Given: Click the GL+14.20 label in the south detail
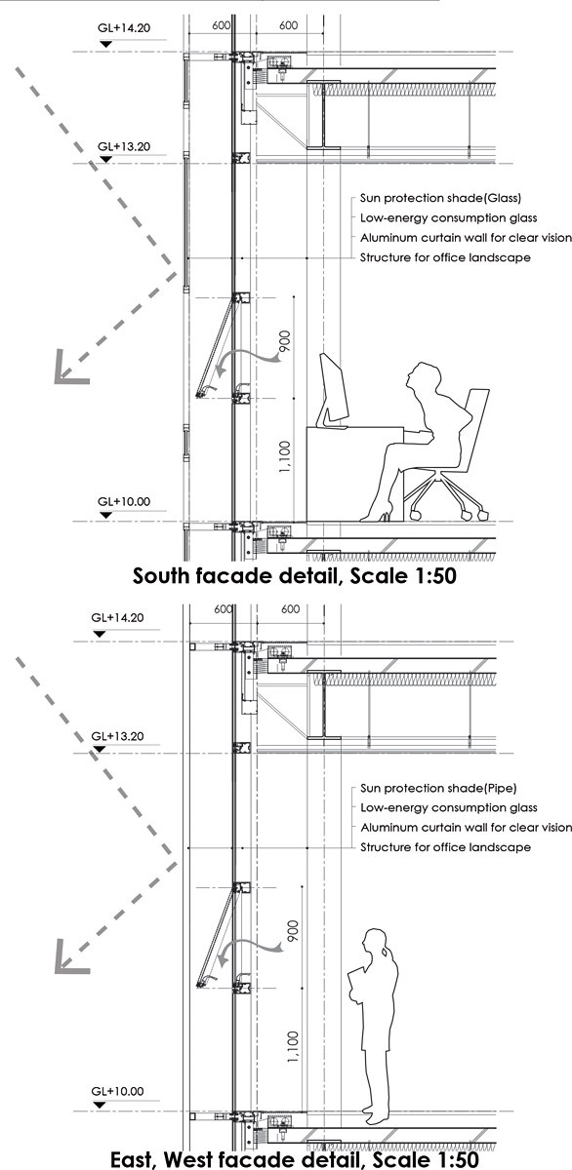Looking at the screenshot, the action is [x=124, y=27].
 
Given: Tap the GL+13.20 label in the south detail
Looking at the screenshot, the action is [x=124, y=146].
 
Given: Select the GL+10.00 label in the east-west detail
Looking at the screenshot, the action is [x=117, y=1091].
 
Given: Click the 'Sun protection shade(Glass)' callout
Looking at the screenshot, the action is [x=440, y=198].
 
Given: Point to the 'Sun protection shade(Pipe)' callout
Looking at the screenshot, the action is [x=438, y=788].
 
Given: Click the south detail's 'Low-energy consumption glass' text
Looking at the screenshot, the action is [x=449, y=217].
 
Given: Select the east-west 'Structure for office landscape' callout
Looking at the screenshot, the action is [x=445, y=847].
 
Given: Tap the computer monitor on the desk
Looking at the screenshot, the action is [x=333, y=389].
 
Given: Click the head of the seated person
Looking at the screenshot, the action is [x=424, y=376].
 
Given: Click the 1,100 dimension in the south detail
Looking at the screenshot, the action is [x=285, y=457].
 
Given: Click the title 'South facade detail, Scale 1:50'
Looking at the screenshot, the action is [x=295, y=575].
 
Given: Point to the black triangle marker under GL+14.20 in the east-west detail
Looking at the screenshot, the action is [x=100, y=634].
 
